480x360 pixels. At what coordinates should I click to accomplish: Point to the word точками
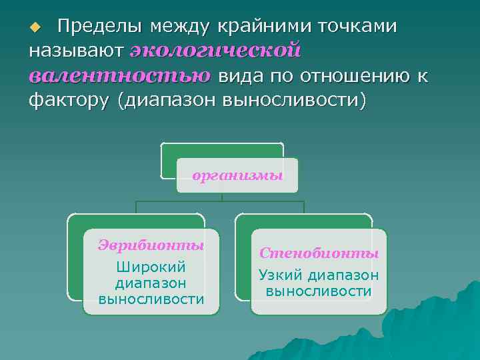pyautogui.click(x=358, y=27)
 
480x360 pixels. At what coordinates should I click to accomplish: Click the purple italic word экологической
pyautogui.click(x=215, y=51)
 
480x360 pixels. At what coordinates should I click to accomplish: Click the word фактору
pyautogui.click(x=61, y=101)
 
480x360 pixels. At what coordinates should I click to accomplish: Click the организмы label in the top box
pyautogui.click(x=237, y=176)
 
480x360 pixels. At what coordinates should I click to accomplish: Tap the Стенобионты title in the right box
pyautogui.click(x=319, y=253)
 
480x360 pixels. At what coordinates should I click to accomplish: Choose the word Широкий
pyautogui.click(x=151, y=267)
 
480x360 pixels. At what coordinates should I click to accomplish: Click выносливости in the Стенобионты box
pyautogui.click(x=319, y=291)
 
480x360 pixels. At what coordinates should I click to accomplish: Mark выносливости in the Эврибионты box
pyautogui.click(x=151, y=299)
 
